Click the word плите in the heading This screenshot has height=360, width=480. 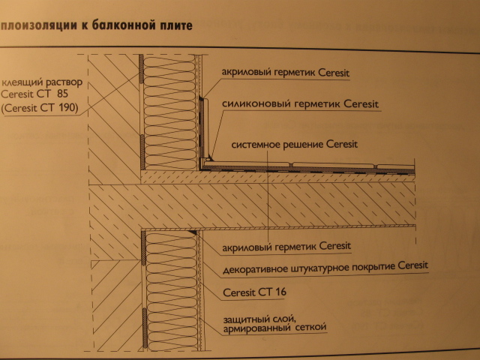pos(178,25)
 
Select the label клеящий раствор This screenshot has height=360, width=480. pos(42,82)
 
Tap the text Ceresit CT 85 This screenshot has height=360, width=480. pos(34,94)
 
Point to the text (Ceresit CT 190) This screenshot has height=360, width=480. pos(40,108)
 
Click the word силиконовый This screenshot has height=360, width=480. pos(256,103)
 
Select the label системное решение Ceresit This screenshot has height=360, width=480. pos(294,144)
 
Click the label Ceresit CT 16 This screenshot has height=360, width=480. pos(255,292)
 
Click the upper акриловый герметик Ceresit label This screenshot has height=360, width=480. pos(285,73)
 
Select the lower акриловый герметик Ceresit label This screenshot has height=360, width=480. pos(286,247)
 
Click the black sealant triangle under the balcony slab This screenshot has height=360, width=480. pos(193,233)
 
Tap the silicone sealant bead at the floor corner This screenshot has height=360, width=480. pos(208,159)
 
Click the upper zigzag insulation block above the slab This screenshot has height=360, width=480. pos(169,112)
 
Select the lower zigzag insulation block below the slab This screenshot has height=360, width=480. pos(172,291)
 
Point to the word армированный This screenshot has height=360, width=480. pos(257,329)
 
